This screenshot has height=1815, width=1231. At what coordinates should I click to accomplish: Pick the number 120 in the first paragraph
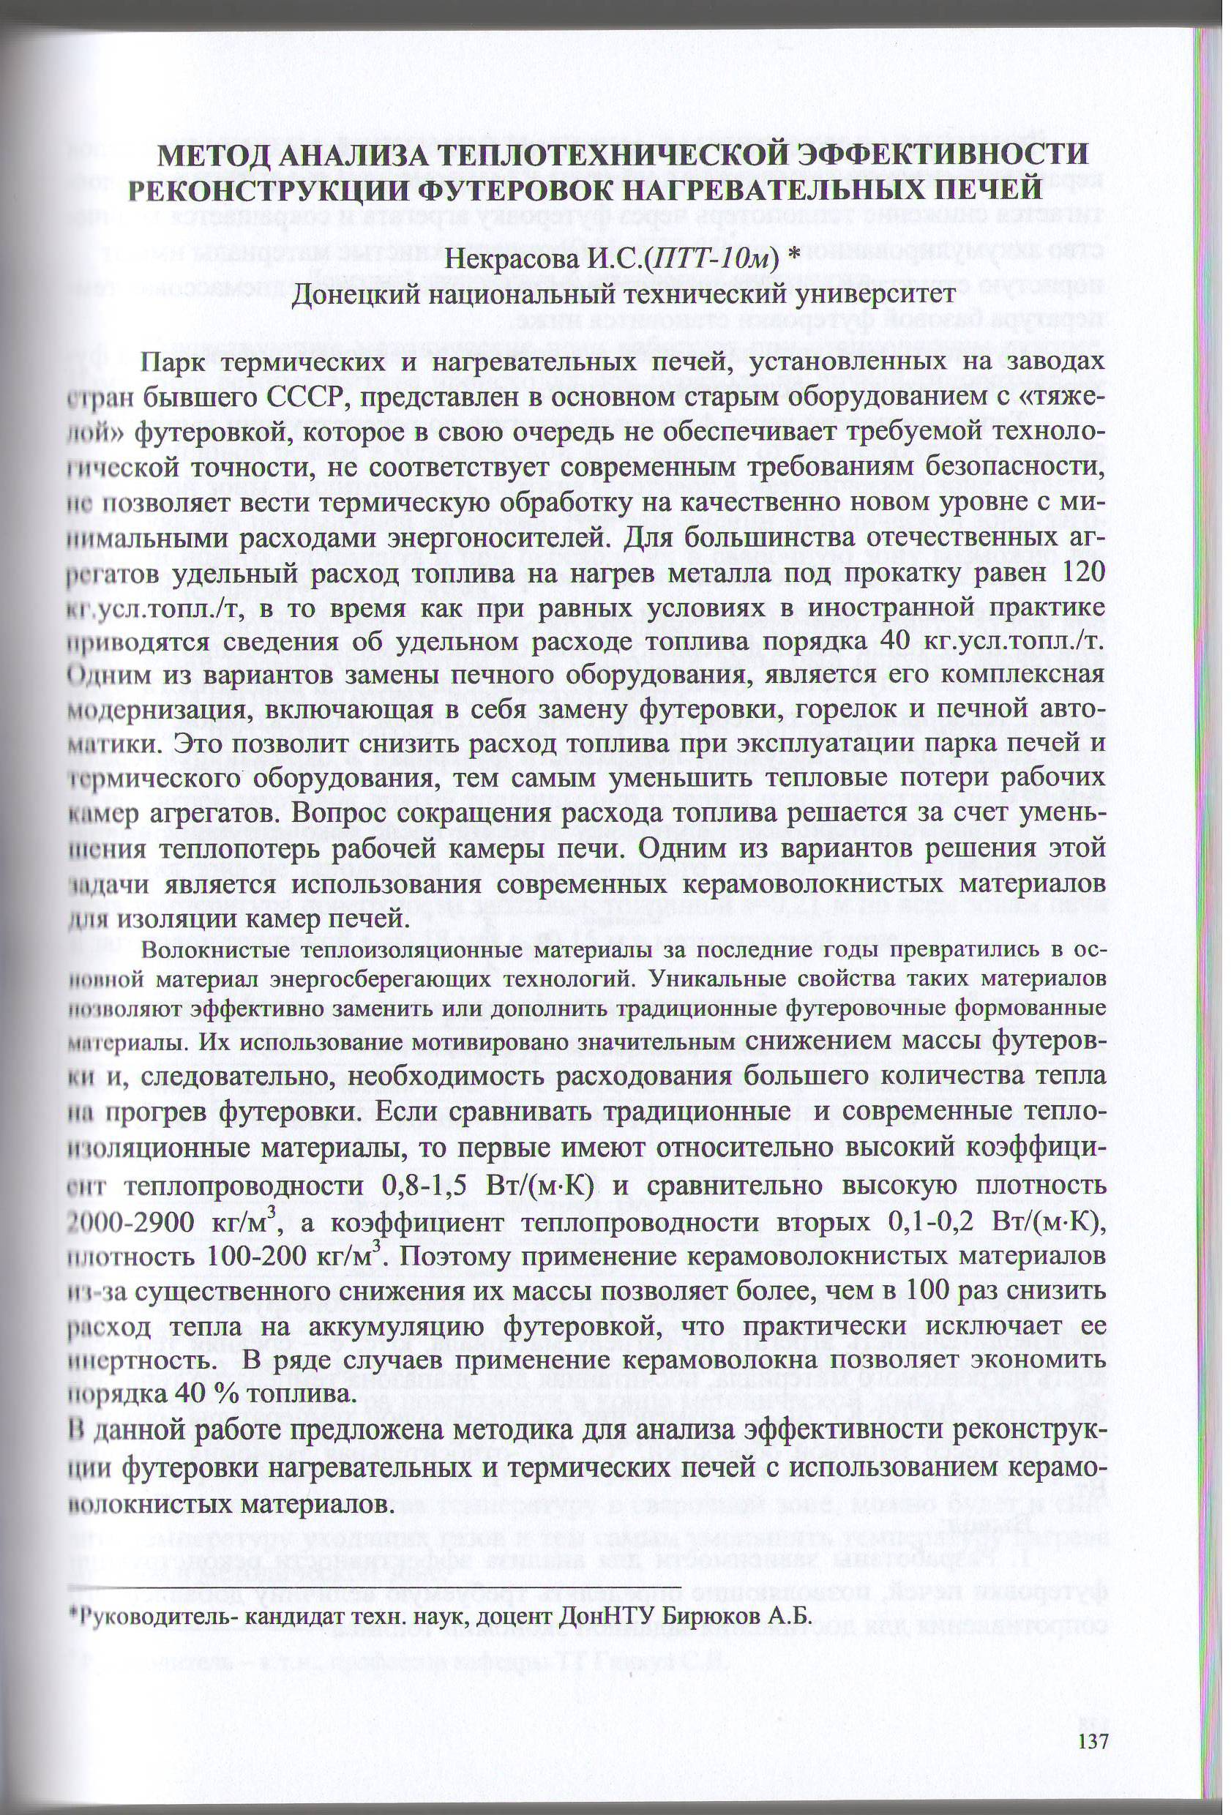tap(1082, 572)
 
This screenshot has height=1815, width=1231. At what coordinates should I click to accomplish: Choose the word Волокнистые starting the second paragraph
tap(206, 951)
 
